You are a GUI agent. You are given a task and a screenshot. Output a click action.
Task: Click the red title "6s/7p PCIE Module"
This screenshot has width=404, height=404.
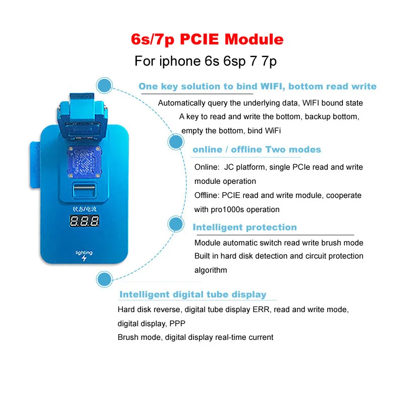click(207, 40)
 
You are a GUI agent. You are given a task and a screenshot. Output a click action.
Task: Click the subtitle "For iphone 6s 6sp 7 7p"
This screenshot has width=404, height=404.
click(206, 61)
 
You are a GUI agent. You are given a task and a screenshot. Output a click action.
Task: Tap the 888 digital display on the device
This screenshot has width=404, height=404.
click(84, 221)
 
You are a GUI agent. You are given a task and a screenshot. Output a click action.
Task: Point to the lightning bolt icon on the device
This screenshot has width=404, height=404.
click(84, 258)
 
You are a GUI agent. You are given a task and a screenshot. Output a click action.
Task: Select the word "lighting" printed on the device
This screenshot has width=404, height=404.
click(84, 252)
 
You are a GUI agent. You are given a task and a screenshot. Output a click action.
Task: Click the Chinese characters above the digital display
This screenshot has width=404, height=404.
click(84, 209)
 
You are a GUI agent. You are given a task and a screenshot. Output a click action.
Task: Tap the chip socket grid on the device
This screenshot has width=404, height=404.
click(84, 162)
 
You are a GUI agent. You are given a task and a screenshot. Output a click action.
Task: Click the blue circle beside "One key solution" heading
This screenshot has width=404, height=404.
click(105, 85)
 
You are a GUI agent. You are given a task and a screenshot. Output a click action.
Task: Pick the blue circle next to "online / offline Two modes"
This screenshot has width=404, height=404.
click(176, 141)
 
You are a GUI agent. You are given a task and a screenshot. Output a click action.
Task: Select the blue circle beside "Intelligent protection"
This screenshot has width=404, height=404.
click(176, 224)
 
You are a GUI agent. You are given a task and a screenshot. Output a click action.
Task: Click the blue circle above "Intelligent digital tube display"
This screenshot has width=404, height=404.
click(105, 279)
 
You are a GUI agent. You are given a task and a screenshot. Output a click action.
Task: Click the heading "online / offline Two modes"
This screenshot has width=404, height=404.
click(257, 149)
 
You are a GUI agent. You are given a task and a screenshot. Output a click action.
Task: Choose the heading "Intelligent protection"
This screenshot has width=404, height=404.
click(245, 227)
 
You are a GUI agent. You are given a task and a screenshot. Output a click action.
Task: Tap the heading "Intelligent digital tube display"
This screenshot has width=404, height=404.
click(193, 294)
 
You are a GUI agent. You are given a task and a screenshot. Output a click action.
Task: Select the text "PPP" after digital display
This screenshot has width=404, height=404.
click(177, 323)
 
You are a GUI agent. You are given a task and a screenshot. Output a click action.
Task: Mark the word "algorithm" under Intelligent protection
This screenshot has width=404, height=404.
click(211, 270)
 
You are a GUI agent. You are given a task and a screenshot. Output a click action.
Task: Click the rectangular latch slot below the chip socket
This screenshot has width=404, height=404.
click(84, 190)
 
